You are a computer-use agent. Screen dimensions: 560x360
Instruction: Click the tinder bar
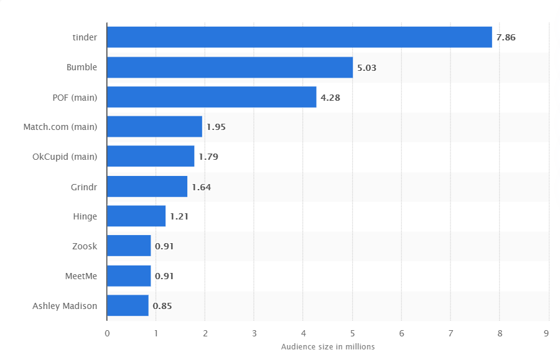tap(299, 37)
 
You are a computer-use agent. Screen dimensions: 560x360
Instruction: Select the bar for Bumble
tap(230, 67)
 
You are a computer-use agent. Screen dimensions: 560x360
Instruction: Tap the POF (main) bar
tap(212, 97)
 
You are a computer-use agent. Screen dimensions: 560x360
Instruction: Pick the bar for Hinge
tap(136, 216)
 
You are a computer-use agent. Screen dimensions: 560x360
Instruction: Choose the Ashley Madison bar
tap(128, 305)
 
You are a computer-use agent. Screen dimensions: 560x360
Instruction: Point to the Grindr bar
tap(147, 187)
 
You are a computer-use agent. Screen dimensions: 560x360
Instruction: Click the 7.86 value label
tap(506, 37)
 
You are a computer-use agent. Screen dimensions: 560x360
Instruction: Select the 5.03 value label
tap(366, 68)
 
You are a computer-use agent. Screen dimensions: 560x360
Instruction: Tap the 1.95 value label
tap(216, 127)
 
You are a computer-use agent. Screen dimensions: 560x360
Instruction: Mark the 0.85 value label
tap(162, 306)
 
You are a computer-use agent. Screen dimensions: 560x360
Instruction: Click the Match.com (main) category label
tap(60, 127)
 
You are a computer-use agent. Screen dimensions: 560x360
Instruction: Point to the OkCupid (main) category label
tap(65, 157)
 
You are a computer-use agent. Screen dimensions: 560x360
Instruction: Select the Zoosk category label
tap(85, 246)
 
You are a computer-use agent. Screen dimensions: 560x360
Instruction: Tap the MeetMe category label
tap(81, 276)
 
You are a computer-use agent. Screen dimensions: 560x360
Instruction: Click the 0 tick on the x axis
tap(107, 334)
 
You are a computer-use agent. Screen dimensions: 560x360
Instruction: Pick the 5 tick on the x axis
tap(353, 334)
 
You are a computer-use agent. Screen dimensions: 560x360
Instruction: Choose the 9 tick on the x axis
tap(546, 334)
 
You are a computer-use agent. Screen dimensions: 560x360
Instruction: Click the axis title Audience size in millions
tap(328, 347)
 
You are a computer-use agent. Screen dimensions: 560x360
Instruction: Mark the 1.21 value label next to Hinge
tap(179, 216)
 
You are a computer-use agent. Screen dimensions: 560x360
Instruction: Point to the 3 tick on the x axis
tap(254, 334)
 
